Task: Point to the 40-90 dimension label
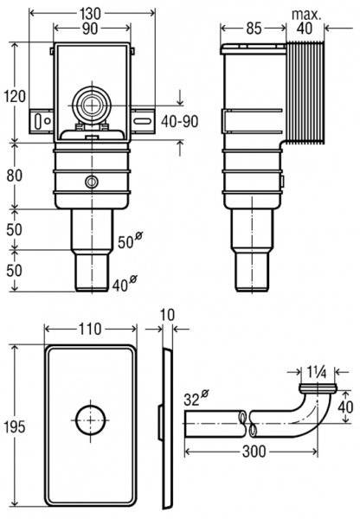point(181,121)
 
